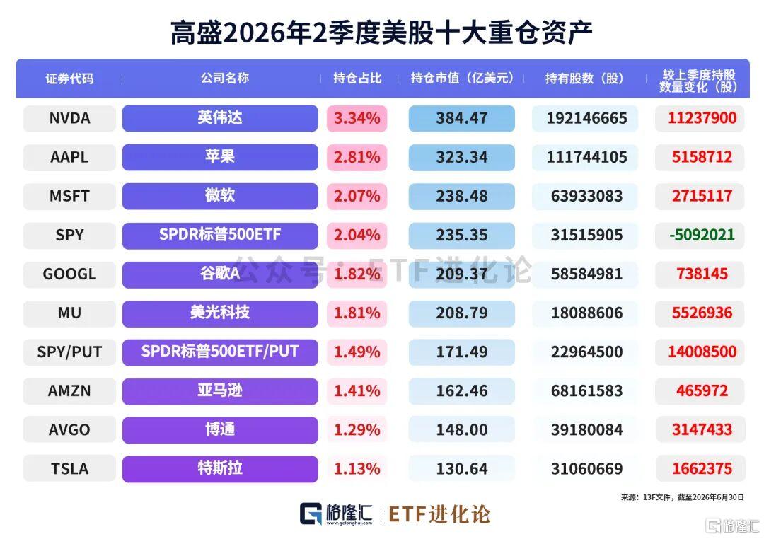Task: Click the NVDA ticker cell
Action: (69, 118)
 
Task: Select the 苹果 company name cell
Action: (220, 157)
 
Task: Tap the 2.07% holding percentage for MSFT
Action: (357, 196)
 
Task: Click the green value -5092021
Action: (702, 235)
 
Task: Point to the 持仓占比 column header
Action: (357, 79)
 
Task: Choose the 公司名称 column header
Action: (225, 78)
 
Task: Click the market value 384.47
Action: (461, 118)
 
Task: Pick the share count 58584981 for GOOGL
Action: (586, 274)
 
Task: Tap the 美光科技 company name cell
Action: (220, 313)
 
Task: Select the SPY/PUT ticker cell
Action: (69, 352)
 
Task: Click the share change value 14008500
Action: (702, 352)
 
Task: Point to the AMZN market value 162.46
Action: (461, 391)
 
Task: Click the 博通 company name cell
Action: (220, 430)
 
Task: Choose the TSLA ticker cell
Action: (69, 469)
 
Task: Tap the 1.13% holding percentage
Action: (357, 469)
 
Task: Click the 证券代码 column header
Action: (69, 79)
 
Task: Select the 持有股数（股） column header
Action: (584, 79)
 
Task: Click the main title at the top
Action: (381, 33)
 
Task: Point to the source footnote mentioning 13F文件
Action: (682, 497)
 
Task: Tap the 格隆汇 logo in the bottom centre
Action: (336, 514)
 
